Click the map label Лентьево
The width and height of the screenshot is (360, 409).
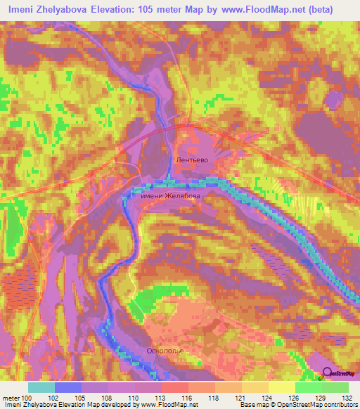click(x=192, y=160)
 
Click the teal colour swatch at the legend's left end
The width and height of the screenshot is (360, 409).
click(x=41, y=387)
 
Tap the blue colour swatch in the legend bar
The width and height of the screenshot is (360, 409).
click(x=68, y=387)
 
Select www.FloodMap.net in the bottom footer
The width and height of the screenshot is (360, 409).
click(x=169, y=405)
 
